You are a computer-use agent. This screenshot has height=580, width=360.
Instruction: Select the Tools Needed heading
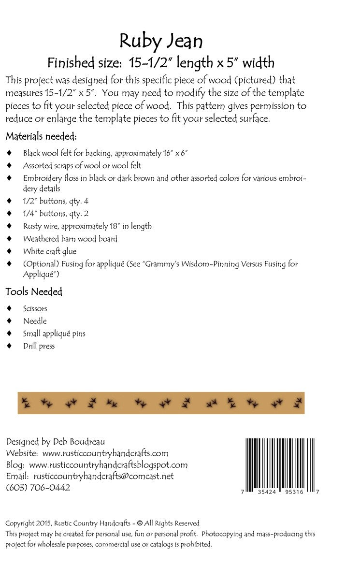point(34,291)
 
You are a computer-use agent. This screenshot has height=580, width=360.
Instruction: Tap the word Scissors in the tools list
point(35,308)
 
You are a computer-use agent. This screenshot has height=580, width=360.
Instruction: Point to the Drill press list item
point(39,346)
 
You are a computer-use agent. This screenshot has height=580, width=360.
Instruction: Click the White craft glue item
point(50,251)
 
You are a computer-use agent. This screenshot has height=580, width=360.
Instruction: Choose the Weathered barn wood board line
point(70,239)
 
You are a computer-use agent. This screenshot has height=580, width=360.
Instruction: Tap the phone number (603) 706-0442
point(38,487)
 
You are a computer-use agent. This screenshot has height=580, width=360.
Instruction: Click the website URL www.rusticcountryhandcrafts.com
point(105,453)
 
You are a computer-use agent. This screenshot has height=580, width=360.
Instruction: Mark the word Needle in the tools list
point(35,321)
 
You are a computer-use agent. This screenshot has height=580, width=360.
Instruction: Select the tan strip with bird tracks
point(160,402)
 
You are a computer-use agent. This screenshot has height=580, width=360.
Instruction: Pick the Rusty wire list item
point(87,226)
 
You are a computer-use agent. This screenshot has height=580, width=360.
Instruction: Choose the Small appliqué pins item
point(54,333)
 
